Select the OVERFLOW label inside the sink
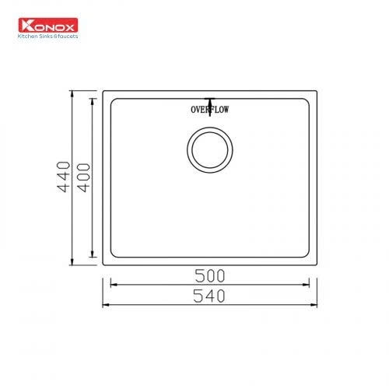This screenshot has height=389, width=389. (x=210, y=110)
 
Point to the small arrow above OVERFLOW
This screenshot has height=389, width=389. (x=210, y=100)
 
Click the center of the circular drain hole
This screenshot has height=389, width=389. (x=209, y=152)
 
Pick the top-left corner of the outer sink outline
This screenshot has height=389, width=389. (x=103, y=92)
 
